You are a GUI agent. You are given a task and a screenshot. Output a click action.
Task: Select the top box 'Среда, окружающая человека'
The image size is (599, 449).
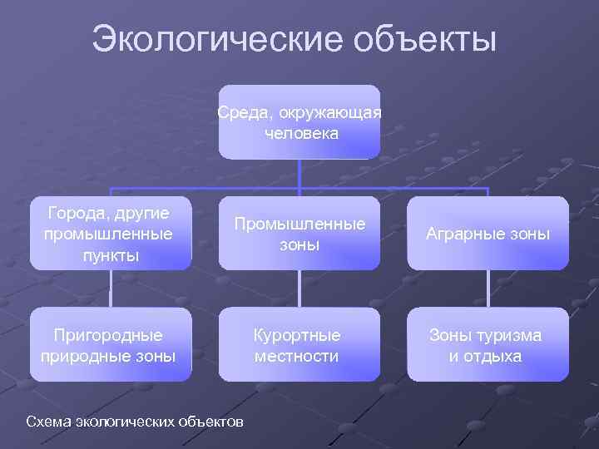click(x=299, y=121)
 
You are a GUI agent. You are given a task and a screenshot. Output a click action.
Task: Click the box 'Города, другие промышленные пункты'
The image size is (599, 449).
click(x=111, y=233)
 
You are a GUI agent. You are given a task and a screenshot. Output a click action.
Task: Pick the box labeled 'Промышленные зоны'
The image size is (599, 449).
click(x=299, y=234)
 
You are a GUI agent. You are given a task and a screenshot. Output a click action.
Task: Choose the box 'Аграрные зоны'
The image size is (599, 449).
click(x=488, y=234)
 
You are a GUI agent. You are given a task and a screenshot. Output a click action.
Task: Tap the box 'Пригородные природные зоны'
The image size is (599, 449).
click(x=111, y=345)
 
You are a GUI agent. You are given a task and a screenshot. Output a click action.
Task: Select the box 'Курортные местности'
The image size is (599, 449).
click(x=299, y=345)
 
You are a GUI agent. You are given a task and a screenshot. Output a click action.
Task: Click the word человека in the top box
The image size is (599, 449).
click(x=301, y=132)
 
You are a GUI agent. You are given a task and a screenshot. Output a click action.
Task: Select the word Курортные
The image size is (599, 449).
click(x=297, y=335)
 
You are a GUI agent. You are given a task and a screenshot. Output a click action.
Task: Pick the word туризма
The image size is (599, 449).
click(x=507, y=335)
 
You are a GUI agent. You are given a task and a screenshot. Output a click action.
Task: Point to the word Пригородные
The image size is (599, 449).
click(x=108, y=335)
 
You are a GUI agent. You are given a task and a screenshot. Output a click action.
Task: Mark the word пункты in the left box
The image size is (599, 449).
click(x=111, y=254)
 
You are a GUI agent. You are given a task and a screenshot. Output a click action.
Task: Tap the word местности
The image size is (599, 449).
click(x=297, y=356)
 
